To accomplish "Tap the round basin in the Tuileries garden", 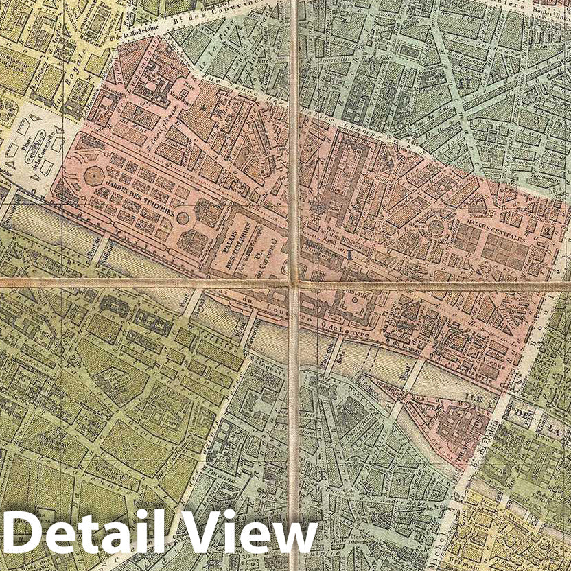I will (183, 219).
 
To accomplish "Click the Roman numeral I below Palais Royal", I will (350, 255).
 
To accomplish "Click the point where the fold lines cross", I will (294, 283).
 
